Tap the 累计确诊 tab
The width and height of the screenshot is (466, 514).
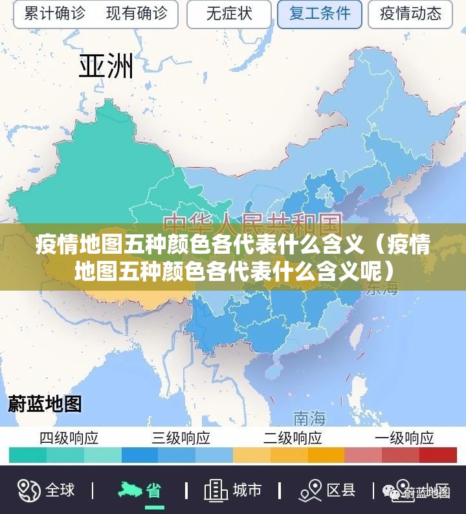click(54, 14)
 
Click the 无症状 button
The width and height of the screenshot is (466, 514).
click(229, 14)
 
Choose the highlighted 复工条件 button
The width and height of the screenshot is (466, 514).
click(320, 14)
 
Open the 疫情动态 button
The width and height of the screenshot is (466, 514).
click(410, 14)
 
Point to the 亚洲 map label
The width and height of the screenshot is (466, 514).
click(106, 65)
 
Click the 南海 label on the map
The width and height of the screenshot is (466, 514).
click(309, 416)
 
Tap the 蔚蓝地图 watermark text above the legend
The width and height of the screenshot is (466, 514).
click(45, 404)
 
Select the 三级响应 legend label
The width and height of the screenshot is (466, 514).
click(181, 438)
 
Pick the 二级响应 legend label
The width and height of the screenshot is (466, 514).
click(293, 438)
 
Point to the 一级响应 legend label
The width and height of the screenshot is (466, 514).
click(405, 438)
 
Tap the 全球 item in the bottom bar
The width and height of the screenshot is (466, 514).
click(60, 490)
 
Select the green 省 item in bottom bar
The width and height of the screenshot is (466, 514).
click(153, 490)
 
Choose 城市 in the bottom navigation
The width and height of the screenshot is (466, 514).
click(247, 490)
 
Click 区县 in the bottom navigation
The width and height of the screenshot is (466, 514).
click(340, 490)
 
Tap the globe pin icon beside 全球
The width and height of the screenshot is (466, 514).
click(28, 490)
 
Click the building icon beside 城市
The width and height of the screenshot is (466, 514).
click(216, 490)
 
